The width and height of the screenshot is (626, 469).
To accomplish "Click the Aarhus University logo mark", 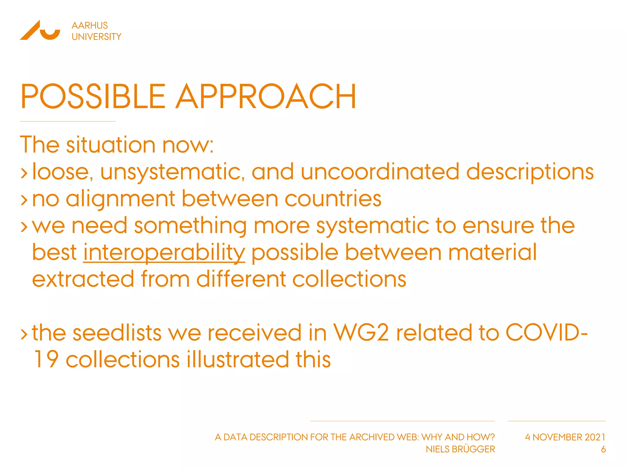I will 40,30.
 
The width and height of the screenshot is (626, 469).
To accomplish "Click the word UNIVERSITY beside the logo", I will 96,37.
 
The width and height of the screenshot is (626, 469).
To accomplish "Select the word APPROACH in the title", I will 266,96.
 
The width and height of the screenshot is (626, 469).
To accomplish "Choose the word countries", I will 333,199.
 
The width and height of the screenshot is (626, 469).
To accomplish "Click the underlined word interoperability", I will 164,253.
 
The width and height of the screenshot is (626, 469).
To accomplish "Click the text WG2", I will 361,333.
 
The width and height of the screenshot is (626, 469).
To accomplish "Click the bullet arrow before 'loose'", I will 24,173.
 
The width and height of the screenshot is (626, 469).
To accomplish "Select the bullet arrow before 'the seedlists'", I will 24,334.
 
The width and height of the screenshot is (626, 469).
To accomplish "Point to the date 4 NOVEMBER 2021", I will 565,437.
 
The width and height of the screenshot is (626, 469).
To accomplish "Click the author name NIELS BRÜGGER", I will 460,449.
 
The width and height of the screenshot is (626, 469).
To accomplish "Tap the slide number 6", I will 603,449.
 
